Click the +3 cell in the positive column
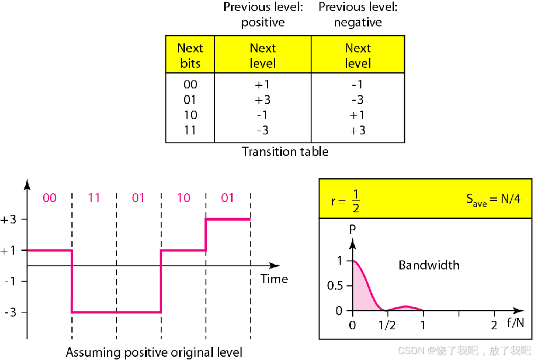[263, 100]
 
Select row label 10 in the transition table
[190, 115]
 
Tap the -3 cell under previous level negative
[358, 100]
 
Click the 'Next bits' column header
[190, 56]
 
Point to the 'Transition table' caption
[285, 152]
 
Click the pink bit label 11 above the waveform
[94, 198]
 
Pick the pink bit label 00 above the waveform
[49, 198]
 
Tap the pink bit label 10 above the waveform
[183, 198]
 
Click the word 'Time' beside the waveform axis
[274, 279]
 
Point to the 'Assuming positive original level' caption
[154, 352]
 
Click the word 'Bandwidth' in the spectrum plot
[429, 265]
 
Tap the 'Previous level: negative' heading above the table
[358, 15]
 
